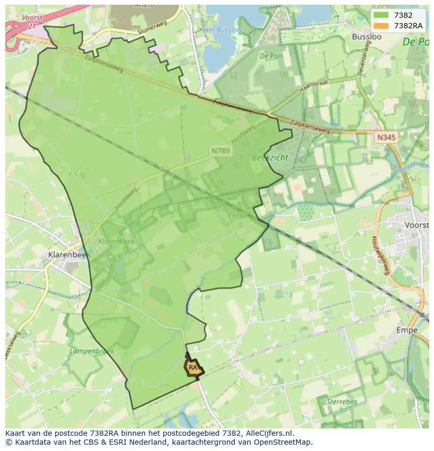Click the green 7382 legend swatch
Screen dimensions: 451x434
(x=381, y=15)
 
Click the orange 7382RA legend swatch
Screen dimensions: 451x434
(x=381, y=26)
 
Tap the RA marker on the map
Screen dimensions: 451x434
(x=193, y=368)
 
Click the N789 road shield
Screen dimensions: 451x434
(x=221, y=150)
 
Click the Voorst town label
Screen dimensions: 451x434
(x=417, y=225)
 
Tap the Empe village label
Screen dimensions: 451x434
(x=407, y=330)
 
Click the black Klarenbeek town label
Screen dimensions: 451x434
(x=69, y=255)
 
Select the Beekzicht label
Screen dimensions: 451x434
(x=270, y=157)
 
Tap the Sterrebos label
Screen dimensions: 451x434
(x=341, y=402)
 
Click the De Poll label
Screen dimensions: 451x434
(x=271, y=56)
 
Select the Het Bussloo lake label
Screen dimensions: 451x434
(x=222, y=30)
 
